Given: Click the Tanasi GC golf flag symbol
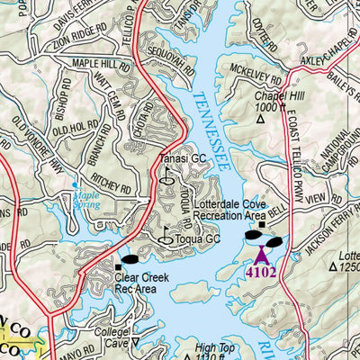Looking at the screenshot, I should [x=166, y=176].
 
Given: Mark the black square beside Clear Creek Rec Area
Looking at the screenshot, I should [x=118, y=267].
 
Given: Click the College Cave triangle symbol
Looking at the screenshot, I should [x=135, y=342].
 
